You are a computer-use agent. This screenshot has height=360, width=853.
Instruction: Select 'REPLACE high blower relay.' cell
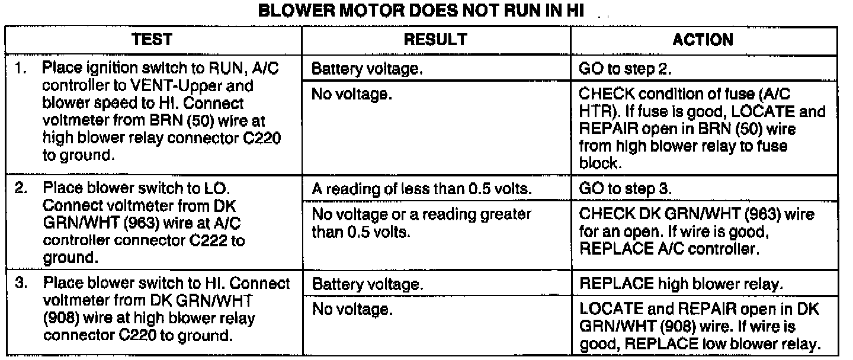pos(681,285)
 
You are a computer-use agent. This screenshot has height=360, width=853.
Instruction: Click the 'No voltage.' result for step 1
pos(351,95)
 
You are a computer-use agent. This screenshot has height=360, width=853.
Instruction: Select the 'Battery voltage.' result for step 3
pos(367,285)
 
